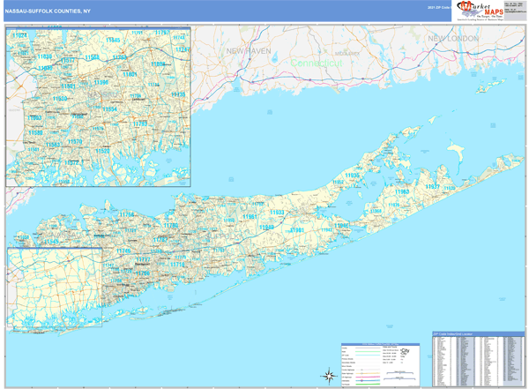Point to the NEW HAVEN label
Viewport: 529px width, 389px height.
(x=246, y=52)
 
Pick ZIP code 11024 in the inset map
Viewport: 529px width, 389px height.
(x=19, y=34)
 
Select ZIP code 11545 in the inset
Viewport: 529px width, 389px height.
(x=113, y=41)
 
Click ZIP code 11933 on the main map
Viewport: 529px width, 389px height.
(x=276, y=213)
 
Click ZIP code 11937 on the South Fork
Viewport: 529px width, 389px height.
(x=433, y=188)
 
